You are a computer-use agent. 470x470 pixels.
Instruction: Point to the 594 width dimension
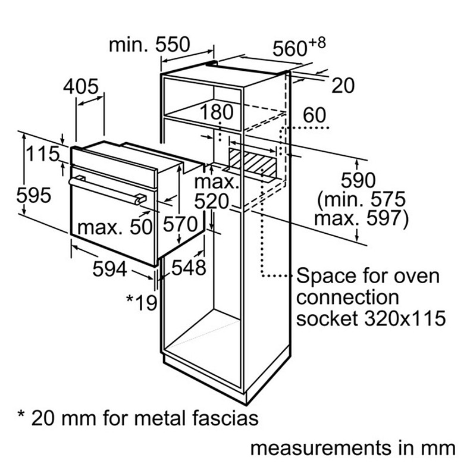tap(110, 269)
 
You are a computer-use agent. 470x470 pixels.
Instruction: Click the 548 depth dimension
tap(189, 268)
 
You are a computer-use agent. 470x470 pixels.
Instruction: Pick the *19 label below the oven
tap(141, 302)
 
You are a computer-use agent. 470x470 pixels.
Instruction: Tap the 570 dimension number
tap(179, 224)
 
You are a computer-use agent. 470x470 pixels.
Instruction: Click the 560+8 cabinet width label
tap(299, 48)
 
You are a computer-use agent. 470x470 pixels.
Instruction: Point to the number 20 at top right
tap(342, 86)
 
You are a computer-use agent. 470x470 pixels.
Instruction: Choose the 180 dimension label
tap(218, 112)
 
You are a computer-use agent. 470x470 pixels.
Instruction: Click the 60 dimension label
tap(315, 115)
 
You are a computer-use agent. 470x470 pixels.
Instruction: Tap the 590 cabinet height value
tap(358, 180)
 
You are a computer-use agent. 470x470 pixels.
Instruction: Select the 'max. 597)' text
tap(361, 219)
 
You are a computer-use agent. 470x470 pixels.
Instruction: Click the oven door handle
tap(107, 189)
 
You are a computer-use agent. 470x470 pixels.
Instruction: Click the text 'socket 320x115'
tap(371, 318)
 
